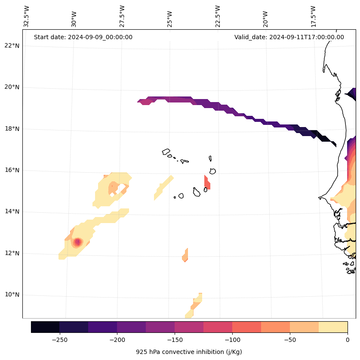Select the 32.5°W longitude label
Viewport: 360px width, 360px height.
tap(27, 16)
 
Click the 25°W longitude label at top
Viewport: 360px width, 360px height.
tap(170, 16)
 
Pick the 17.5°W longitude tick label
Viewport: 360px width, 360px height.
tap(313, 16)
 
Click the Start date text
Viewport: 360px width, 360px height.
tap(83, 37)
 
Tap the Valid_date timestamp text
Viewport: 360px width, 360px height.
tap(289, 37)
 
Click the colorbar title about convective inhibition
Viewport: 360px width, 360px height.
tap(189, 352)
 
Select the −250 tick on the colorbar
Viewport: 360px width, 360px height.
tap(59, 340)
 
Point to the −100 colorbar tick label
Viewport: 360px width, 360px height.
tap(232, 340)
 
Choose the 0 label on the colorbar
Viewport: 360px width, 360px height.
tap(347, 340)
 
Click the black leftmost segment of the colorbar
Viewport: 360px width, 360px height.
tap(45, 327)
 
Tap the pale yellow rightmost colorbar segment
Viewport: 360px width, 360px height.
tap(333, 327)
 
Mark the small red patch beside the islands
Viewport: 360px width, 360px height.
tap(207, 183)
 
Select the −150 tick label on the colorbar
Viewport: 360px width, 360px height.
tap(175, 340)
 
